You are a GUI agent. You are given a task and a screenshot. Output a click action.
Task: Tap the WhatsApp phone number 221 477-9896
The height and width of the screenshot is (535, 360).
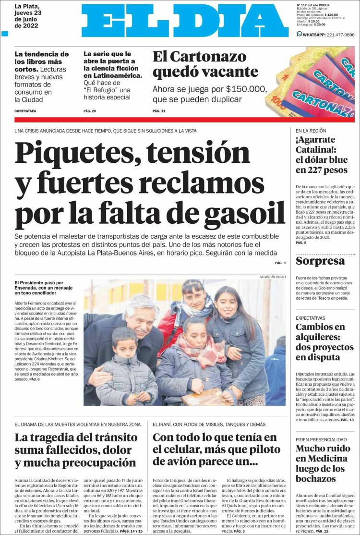click(x=336, y=35)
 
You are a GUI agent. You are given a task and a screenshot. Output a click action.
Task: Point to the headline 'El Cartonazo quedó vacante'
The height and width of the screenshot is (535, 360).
click(x=205, y=64)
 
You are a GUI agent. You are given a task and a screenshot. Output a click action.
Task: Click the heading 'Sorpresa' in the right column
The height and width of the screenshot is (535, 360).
click(x=320, y=261)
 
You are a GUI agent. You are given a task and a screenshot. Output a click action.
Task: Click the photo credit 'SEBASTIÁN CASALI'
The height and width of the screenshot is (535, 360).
click(x=272, y=277)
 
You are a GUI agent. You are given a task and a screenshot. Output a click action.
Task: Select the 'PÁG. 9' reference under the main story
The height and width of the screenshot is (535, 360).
click(x=280, y=263)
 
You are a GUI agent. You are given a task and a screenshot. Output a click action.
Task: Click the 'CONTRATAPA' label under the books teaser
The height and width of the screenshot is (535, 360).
click(x=25, y=111)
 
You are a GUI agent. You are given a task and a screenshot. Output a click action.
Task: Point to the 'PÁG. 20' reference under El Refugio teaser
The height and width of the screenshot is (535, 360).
click(x=90, y=111)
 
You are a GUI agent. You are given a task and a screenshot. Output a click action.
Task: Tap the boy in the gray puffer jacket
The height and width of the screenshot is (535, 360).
click(x=125, y=370)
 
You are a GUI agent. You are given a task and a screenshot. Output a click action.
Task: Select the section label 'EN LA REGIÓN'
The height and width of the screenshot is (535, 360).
click(x=311, y=131)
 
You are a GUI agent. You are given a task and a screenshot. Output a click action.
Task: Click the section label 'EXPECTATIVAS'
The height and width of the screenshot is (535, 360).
click(x=310, y=318)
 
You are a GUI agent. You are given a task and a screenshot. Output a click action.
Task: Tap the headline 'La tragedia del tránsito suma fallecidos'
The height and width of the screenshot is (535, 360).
click(x=76, y=450)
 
